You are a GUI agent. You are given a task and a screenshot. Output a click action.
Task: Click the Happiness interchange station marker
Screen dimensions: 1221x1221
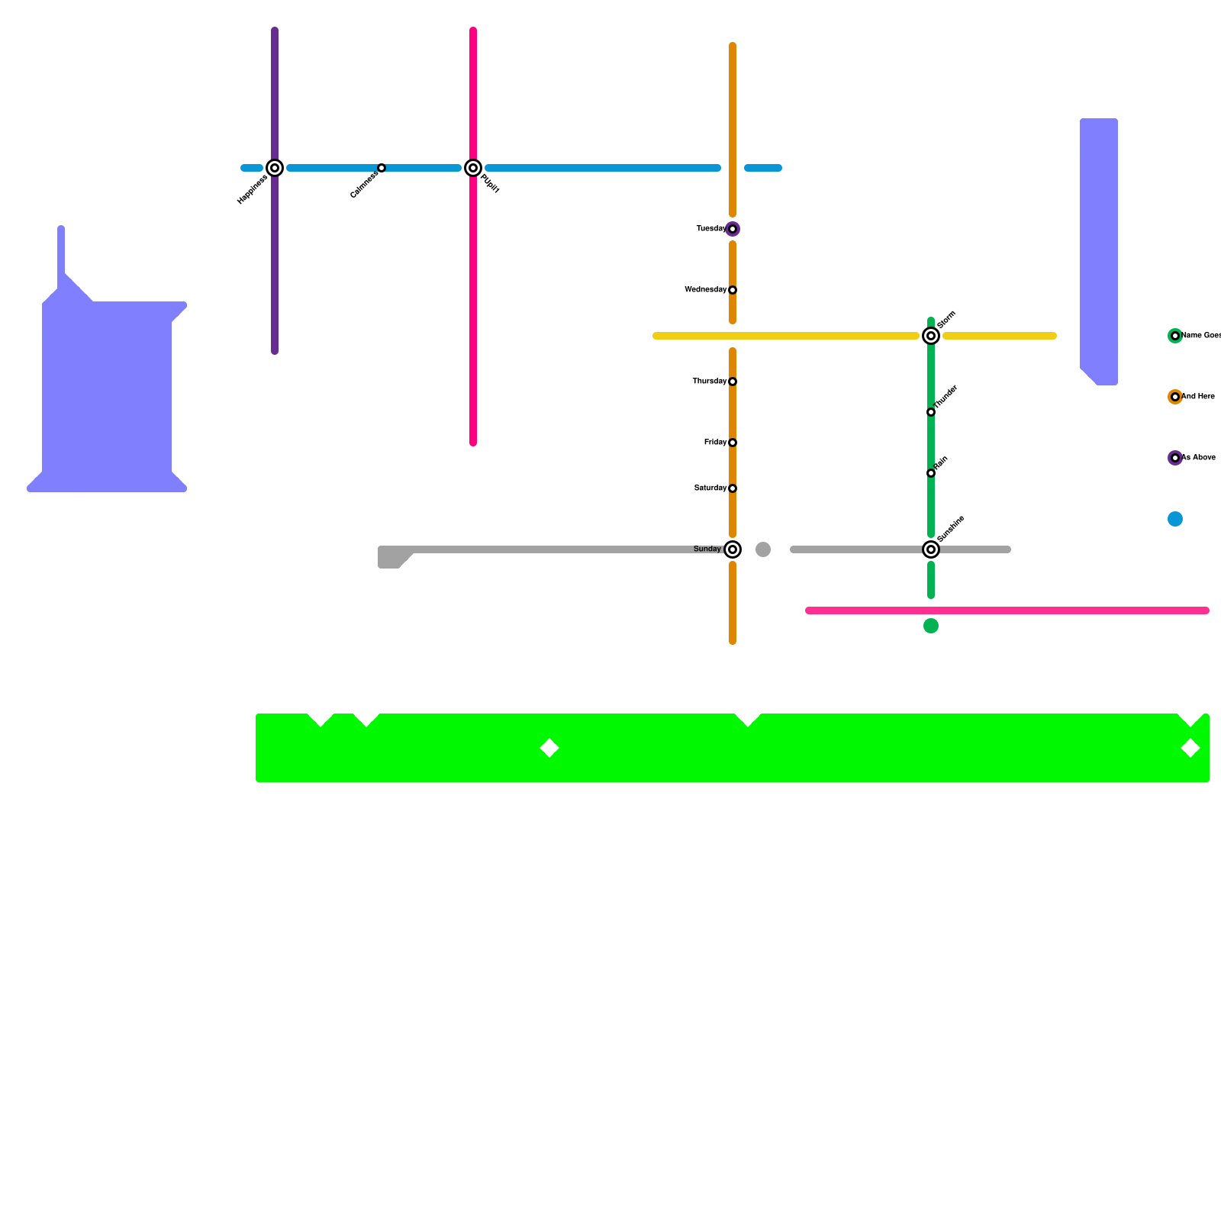(275, 168)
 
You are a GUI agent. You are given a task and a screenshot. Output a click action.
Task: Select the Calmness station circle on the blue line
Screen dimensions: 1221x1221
(382, 168)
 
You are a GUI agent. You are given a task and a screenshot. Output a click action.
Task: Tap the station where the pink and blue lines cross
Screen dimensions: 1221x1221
(473, 168)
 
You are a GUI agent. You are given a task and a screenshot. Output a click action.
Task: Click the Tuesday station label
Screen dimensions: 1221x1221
(710, 229)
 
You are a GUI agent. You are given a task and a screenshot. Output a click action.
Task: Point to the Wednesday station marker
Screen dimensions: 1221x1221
(733, 290)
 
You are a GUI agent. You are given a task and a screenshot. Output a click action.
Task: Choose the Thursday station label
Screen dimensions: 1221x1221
(709, 382)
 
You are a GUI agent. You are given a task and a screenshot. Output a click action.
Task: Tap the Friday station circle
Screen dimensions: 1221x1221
(733, 443)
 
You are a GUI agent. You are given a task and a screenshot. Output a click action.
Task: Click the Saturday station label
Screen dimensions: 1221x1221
(710, 488)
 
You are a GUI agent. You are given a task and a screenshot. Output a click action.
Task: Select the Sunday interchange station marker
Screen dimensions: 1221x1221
(733, 549)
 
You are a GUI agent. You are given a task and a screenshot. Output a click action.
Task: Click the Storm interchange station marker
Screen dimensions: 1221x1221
(931, 336)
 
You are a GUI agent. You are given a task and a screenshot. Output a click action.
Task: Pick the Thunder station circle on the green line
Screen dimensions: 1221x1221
(931, 412)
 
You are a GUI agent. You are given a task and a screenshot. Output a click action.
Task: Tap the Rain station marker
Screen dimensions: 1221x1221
(931, 473)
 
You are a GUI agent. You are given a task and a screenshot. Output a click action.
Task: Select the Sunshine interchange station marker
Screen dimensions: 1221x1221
(931, 549)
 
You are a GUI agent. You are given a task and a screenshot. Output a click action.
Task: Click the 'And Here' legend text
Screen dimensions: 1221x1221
(1198, 397)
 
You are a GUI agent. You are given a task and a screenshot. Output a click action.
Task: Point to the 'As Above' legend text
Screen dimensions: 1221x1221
(1198, 458)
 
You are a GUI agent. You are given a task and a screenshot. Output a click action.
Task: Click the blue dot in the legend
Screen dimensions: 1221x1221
(1175, 519)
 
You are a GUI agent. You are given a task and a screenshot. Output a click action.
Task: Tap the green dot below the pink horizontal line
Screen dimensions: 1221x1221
(931, 626)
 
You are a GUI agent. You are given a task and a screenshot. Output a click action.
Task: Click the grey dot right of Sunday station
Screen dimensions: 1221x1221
(763, 549)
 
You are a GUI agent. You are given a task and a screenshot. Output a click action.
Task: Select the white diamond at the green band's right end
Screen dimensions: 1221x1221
(1190, 748)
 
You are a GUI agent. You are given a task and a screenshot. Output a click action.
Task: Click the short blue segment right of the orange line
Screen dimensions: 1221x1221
(763, 168)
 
